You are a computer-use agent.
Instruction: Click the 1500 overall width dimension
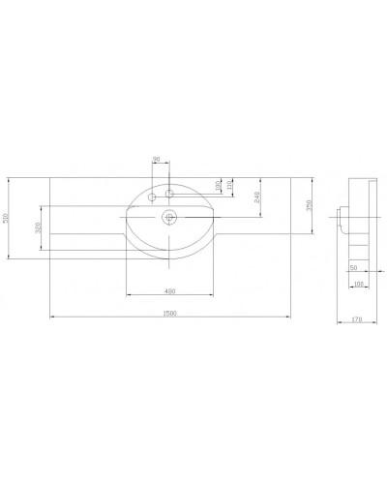pyautogui.click(x=170, y=313)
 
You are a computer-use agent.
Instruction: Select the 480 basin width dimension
pyautogui.click(x=169, y=290)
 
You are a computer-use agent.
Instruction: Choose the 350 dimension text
pyautogui.click(x=309, y=206)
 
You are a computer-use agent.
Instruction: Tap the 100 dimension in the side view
pyautogui.click(x=358, y=284)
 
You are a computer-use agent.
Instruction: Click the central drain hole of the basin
pyautogui.click(x=170, y=218)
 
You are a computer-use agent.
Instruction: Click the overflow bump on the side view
pyautogui.click(x=342, y=213)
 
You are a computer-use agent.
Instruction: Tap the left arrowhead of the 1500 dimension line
pyautogui.click(x=51, y=318)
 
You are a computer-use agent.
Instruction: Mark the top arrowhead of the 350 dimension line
pyautogui.click(x=314, y=181)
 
